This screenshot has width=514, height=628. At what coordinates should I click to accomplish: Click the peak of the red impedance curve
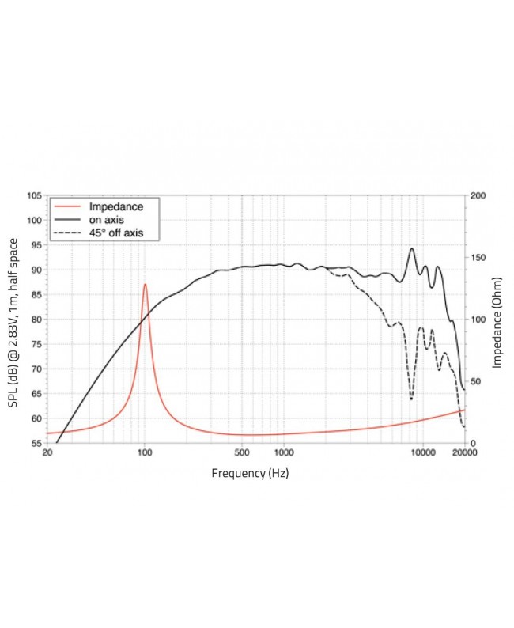[x=145, y=284]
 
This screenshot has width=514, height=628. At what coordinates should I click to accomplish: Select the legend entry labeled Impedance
[x=115, y=206]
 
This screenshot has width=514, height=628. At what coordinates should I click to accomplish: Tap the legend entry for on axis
[x=106, y=219]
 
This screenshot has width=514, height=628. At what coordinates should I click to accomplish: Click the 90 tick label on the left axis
[x=36, y=270]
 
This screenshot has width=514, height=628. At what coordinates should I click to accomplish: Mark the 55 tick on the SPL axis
[x=36, y=443]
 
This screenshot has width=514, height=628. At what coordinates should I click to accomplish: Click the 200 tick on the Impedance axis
[x=478, y=195]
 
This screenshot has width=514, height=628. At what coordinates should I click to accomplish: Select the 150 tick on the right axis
[x=478, y=257]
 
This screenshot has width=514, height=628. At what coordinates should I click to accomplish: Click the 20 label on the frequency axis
[x=47, y=453]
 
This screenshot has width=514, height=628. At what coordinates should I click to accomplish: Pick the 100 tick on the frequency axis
[x=144, y=453]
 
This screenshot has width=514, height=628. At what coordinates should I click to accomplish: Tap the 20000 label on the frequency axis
[x=464, y=453]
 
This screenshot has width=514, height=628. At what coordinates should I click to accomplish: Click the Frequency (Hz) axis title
[x=255, y=473]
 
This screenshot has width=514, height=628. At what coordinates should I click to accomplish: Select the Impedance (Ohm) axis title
[x=497, y=320]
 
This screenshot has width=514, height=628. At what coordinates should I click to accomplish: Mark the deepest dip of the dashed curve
[x=411, y=399]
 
